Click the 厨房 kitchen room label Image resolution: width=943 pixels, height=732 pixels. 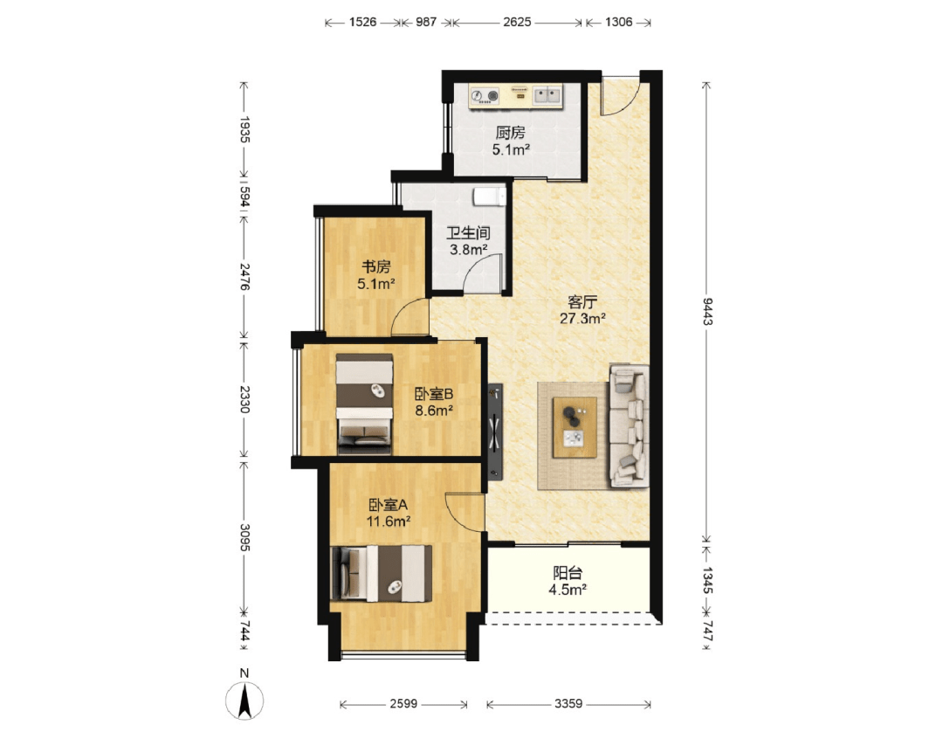click(511, 132)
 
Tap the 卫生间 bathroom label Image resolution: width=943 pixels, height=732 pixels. click(468, 232)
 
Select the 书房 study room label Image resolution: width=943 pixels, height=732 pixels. click(375, 266)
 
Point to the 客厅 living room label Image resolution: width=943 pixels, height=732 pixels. click(582, 301)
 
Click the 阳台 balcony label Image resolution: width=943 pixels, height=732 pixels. click(568, 573)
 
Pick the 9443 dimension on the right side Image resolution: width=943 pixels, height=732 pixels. click(707, 311)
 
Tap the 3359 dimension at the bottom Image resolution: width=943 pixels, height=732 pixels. click(568, 703)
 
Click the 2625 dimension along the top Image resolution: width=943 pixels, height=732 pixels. click(517, 22)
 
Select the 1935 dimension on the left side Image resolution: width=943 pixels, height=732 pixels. click(244, 129)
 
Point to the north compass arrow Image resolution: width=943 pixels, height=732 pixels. click(244, 701)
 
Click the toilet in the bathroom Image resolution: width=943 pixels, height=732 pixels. click(490, 197)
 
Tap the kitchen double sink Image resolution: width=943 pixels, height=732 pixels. click(547, 95)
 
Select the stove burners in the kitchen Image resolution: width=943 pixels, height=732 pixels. click(485, 95)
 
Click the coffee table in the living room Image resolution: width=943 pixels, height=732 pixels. click(575, 427)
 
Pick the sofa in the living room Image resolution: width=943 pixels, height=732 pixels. click(629, 425)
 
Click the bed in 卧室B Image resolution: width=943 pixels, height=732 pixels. click(364, 404)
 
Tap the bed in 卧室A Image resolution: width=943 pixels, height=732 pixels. click(382, 573)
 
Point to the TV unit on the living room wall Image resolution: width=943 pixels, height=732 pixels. click(494, 431)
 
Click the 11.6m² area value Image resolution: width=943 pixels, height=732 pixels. click(389, 521)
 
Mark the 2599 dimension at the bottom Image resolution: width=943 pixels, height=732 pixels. click(403, 703)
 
